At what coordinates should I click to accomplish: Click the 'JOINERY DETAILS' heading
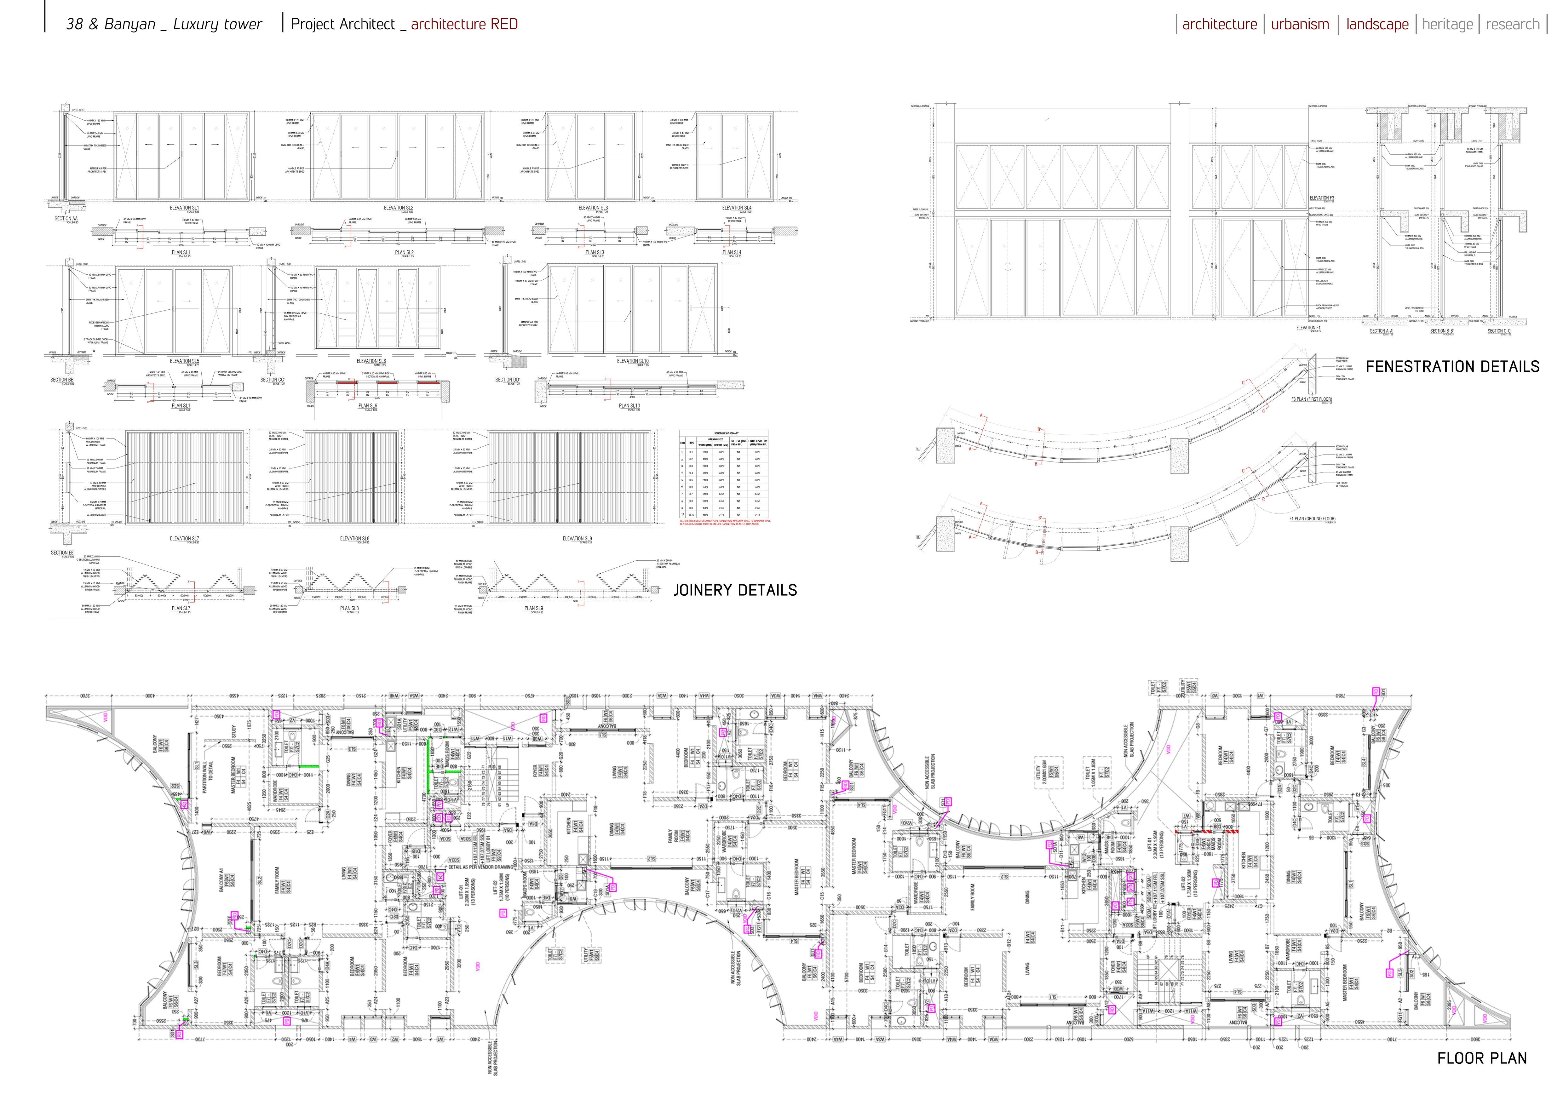coord(735,590)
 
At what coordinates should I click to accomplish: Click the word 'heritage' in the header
coord(1447,25)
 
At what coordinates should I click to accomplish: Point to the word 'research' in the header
coord(1513,25)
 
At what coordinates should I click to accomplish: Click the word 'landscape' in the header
coord(1377,25)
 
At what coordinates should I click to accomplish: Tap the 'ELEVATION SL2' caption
coord(398,208)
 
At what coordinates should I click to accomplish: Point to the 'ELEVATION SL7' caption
coord(185,538)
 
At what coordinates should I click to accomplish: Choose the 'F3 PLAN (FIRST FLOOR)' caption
coord(1311,399)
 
